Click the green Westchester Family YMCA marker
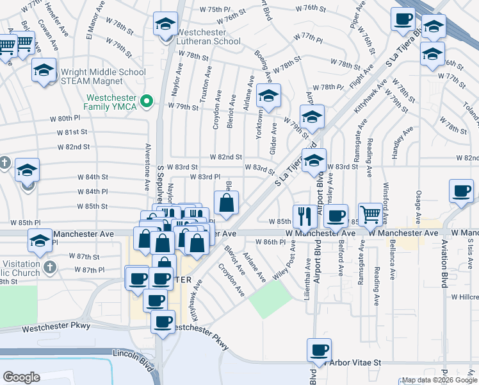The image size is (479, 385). coord(146,100)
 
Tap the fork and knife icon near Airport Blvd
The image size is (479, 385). coord(305,216)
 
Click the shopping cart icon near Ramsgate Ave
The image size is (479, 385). coord(371,215)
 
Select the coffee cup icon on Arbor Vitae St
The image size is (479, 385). coord(319,350)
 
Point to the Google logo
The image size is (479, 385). coord(21,377)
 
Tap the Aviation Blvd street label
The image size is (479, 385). coord(444,262)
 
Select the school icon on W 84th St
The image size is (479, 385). coord(28,170)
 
